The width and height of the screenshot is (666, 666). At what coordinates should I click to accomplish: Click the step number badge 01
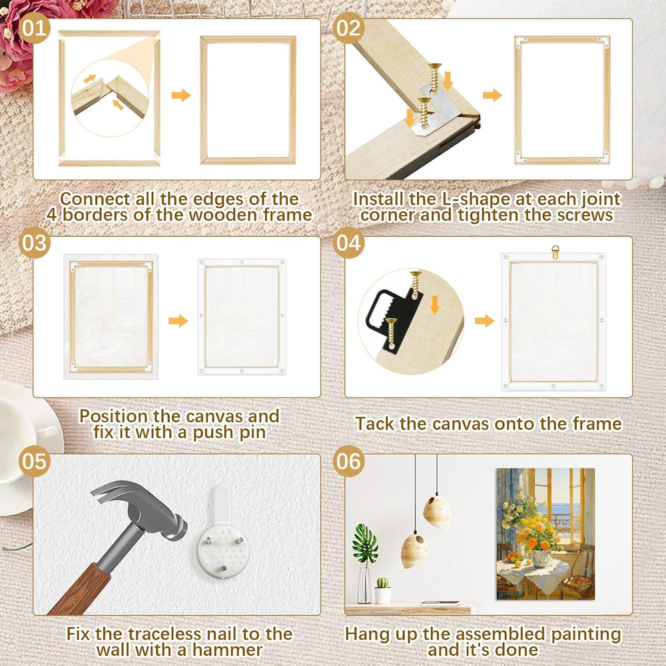click(x=35, y=28)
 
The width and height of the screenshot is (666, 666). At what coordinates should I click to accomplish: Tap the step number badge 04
click(x=349, y=242)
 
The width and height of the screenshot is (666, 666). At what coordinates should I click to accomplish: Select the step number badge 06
click(x=349, y=462)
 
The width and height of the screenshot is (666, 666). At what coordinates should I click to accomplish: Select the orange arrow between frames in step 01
click(x=181, y=95)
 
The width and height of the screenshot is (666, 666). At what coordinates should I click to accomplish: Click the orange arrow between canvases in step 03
click(x=178, y=321)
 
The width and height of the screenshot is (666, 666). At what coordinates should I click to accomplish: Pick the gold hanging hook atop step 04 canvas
click(x=555, y=252)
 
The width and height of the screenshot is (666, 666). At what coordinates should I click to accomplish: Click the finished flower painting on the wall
click(x=545, y=534)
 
